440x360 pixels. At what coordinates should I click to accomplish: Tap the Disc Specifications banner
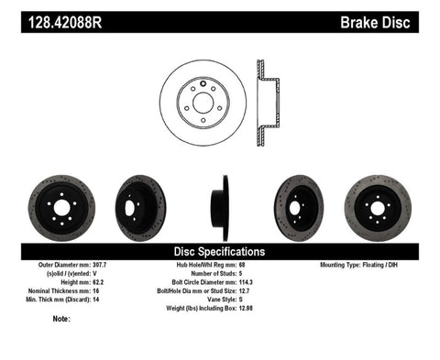pyautogui.click(x=220, y=250)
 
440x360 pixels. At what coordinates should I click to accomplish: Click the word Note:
pyautogui.click(x=62, y=319)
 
